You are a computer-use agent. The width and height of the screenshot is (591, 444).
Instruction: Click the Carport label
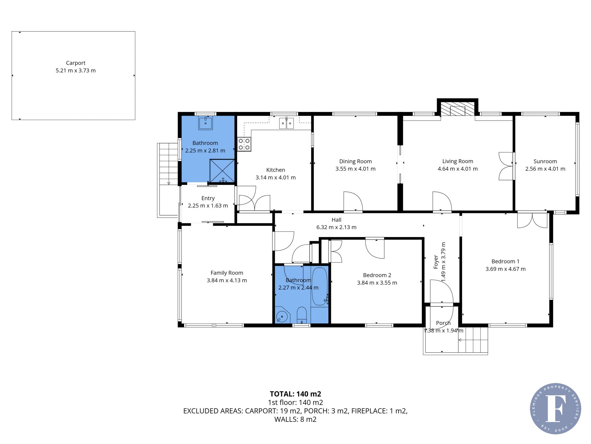pyautogui.click(x=75, y=63)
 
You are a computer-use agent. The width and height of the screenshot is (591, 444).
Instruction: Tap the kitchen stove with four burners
pyautogui.click(x=244, y=144)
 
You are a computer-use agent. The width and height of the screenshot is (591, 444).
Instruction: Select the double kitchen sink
pyautogui.click(x=286, y=123)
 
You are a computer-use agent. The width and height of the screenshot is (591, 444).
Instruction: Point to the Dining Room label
pyautogui.click(x=356, y=161)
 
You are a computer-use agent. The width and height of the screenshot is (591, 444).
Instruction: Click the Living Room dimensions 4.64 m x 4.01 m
pyautogui.click(x=458, y=169)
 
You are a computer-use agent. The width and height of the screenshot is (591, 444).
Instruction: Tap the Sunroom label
pyautogui.click(x=545, y=161)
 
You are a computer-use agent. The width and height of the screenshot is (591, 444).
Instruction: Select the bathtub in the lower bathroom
pyautogui.click(x=320, y=286)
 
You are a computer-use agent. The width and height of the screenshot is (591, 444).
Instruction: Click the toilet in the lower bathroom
pyautogui.click(x=302, y=315)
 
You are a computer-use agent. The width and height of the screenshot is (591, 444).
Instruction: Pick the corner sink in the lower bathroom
pyautogui.click(x=282, y=315)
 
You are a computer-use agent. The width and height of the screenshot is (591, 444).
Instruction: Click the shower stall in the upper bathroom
pyautogui.click(x=222, y=171)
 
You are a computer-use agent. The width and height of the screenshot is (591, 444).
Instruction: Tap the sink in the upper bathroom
pyautogui.click(x=205, y=123)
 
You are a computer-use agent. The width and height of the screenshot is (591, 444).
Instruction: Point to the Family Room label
pyautogui.click(x=227, y=273)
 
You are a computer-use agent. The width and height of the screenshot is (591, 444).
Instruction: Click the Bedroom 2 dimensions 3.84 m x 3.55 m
pyautogui.click(x=377, y=283)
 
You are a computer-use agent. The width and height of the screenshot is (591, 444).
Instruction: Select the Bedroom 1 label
pyautogui.click(x=505, y=261)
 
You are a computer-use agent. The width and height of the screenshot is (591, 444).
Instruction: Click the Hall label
pyautogui.click(x=336, y=220)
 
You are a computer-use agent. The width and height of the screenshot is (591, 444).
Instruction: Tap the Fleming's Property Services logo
pyautogui.click(x=556, y=409)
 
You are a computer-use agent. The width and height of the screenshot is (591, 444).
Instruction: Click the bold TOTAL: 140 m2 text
pyautogui.click(x=295, y=394)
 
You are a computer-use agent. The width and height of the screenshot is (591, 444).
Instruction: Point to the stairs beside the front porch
pyautogui.click(x=473, y=340)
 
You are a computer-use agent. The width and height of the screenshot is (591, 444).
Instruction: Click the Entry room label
pyautogui.click(x=208, y=198)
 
